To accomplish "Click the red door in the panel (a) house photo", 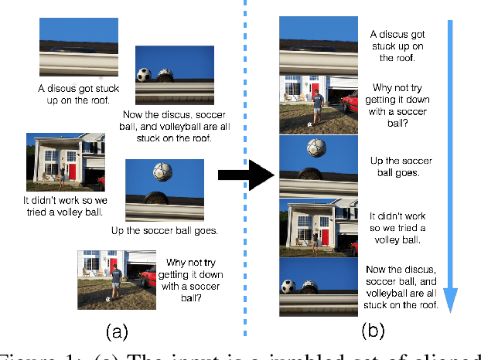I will pos(71,172).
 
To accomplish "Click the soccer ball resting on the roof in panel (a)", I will pos(144,75).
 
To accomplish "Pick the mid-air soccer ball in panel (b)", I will pos(316,148).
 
